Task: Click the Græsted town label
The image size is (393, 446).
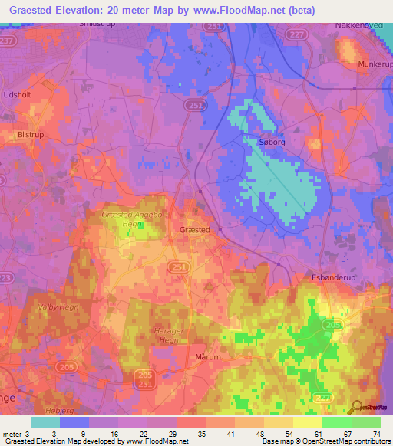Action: pos(194,229)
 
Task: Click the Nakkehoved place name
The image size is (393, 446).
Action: pos(358,25)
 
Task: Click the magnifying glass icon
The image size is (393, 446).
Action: pos(355,408)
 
